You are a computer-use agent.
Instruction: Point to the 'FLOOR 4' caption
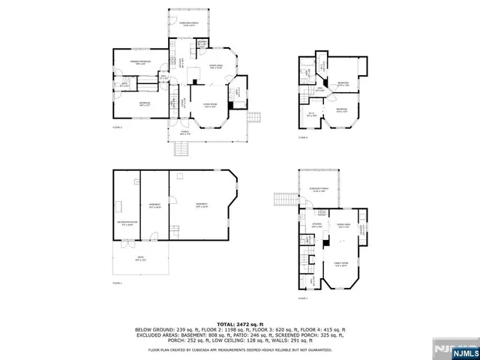tap(304, 138)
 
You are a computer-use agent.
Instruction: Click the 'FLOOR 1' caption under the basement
tap(117, 283)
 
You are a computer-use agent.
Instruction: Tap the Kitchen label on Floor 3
tap(316, 224)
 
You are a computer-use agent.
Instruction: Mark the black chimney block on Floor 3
tap(325, 243)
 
